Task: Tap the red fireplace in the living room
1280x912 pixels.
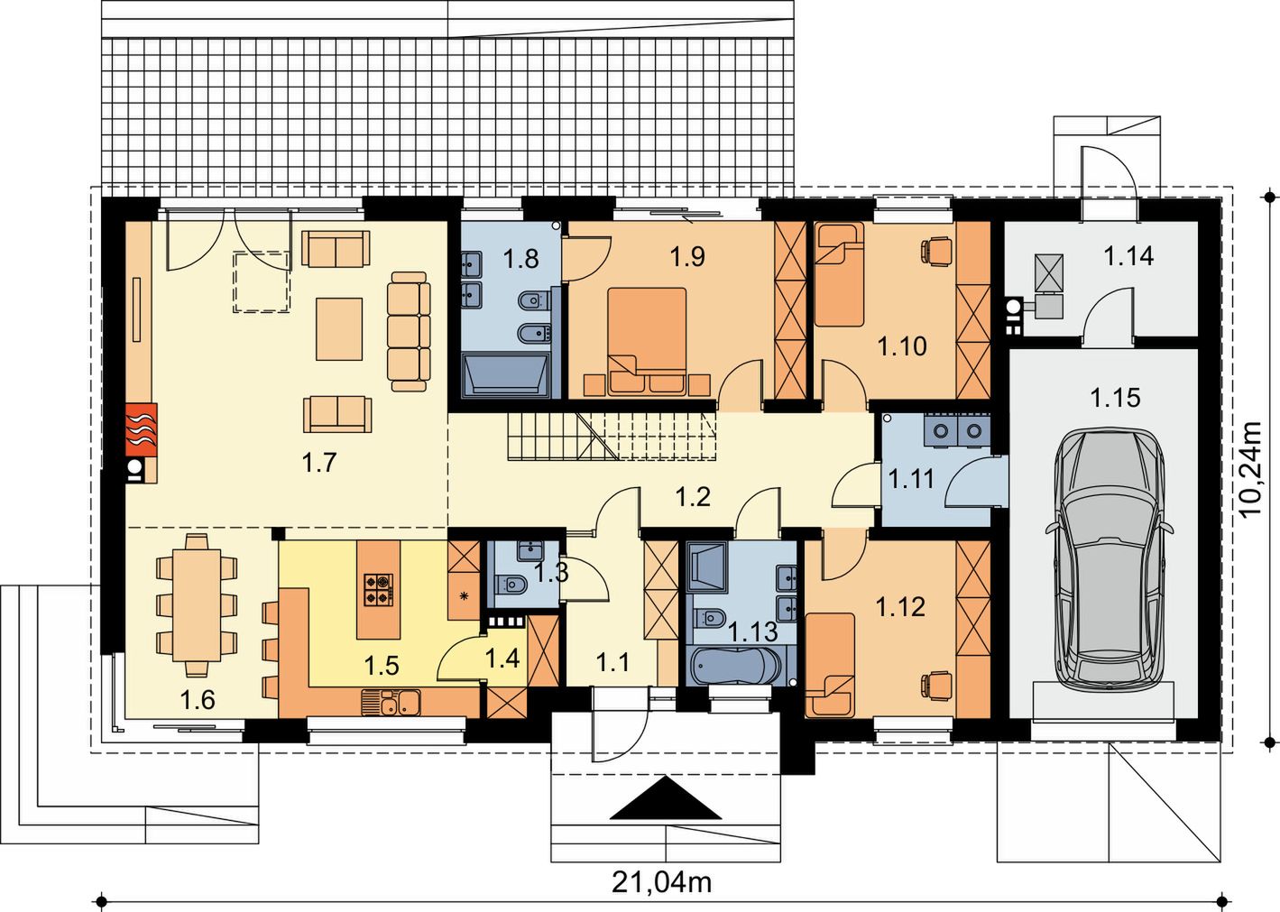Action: pos(141,430)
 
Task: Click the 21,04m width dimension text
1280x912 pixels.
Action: pos(662,882)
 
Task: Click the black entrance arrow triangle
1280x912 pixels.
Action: pos(666,797)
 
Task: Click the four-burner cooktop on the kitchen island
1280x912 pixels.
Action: pos(379,590)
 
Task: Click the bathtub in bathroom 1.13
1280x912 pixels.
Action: pos(735,665)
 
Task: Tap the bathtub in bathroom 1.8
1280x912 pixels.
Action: pos(506,374)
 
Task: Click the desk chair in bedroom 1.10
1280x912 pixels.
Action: pos(936,250)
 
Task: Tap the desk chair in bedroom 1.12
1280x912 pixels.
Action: pos(936,684)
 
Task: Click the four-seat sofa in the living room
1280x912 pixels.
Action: pos(409,331)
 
